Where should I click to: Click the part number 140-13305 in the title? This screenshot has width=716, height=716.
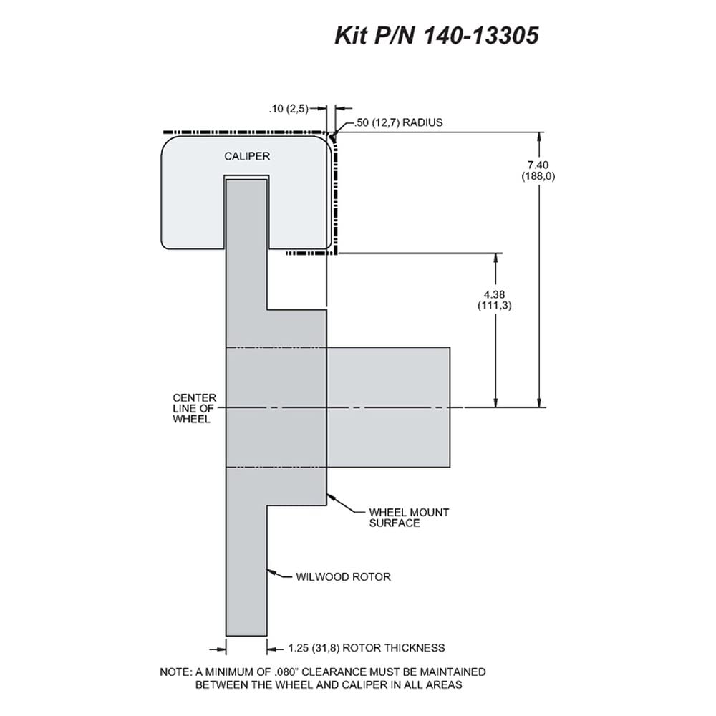tap(482, 34)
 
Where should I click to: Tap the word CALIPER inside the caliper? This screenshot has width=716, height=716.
tap(247, 156)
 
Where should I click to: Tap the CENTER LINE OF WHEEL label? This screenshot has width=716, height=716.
tap(194, 408)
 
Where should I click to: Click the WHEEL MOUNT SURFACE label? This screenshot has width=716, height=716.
tap(409, 518)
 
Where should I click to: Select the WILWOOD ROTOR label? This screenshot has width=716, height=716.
tap(343, 576)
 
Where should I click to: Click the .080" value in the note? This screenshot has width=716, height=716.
tap(285, 672)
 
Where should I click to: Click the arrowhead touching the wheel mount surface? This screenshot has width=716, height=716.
tap(332, 497)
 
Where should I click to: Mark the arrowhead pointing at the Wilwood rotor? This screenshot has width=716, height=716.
tap(271, 571)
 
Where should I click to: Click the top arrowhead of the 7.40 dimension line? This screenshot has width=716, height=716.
tap(540, 137)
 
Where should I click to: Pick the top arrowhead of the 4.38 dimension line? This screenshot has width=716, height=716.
tap(496, 258)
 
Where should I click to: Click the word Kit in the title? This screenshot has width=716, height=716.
tap(351, 34)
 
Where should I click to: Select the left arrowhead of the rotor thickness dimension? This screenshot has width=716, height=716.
tap(221, 649)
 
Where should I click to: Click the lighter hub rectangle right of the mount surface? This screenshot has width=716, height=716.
tap(389, 407)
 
